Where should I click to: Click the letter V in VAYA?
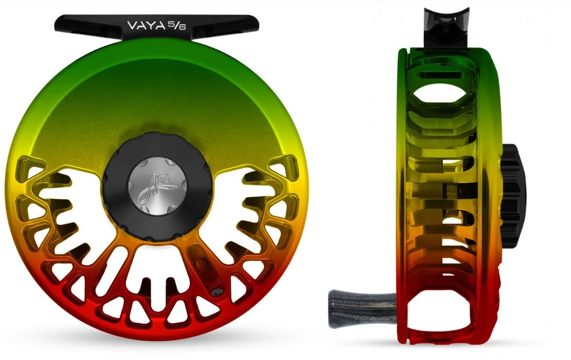pos(132,24)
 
